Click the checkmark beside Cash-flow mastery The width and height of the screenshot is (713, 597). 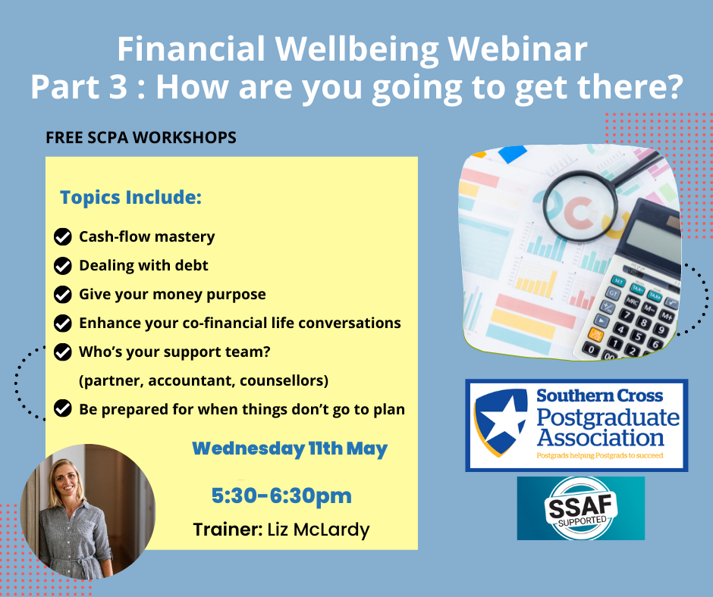coord(63,236)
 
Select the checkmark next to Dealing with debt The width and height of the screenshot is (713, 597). coord(63,266)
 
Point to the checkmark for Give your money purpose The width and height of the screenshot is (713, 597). coord(63,295)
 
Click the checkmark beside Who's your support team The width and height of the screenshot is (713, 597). coord(63,352)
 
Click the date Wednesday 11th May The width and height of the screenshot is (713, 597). coord(290,449)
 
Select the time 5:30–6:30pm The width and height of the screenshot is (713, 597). coord(281,495)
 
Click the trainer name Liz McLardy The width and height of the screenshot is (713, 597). coord(319,530)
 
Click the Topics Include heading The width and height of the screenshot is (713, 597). coord(131,198)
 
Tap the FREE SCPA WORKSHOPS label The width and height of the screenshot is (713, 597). coord(141,138)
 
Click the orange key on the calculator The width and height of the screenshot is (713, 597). coord(595,334)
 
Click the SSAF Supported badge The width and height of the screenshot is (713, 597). coord(581,508)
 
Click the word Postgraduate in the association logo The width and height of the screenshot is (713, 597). coord(608,417)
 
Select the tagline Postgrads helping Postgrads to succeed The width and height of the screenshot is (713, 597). coord(600,455)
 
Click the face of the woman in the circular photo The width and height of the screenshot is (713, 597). coord(65,482)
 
